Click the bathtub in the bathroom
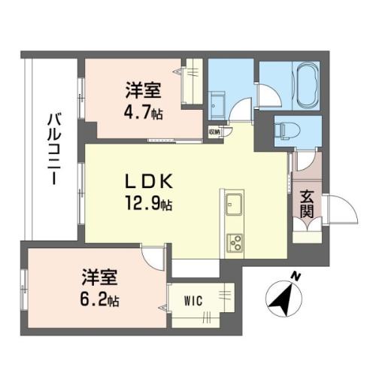[308, 86]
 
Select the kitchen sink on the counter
[234, 205]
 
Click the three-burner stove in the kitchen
[235, 243]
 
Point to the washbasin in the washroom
[217, 105]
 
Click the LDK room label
[149, 181]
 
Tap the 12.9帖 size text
[149, 204]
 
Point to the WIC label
[193, 301]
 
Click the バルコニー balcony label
[54, 149]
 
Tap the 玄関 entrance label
[307, 204]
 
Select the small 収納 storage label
[214, 132]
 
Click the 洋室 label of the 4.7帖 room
[143, 90]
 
